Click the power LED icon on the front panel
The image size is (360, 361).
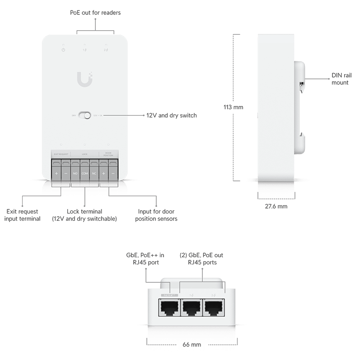[63, 49]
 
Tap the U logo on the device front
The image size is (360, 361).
[84, 80]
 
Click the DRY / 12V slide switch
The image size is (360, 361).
[84, 116]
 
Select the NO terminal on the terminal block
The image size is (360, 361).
[75, 173]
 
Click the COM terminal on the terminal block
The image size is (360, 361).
[84, 173]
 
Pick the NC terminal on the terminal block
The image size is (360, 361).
[94, 173]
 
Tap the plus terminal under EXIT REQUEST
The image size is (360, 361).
[56, 173]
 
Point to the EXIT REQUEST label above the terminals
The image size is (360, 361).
[61, 154]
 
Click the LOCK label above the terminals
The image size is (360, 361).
[84, 154]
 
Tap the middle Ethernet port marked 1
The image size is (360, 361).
[192, 308]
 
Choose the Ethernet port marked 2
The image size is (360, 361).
[213, 308]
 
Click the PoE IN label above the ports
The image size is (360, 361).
[169, 295]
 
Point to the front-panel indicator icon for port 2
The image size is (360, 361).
[106, 49]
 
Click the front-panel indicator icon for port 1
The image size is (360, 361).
[84, 49]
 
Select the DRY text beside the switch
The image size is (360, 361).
[73, 116]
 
